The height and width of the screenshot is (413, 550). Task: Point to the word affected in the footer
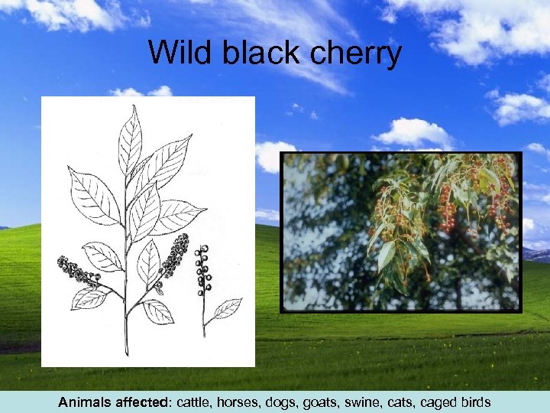[x=144, y=402]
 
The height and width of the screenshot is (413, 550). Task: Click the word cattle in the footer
[x=197, y=402]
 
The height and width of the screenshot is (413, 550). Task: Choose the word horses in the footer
[x=242, y=402]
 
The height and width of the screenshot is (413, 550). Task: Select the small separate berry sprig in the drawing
[x=202, y=271]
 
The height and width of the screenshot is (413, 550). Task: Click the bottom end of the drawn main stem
[x=126, y=353]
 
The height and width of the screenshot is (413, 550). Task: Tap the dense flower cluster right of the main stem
[x=175, y=256]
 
